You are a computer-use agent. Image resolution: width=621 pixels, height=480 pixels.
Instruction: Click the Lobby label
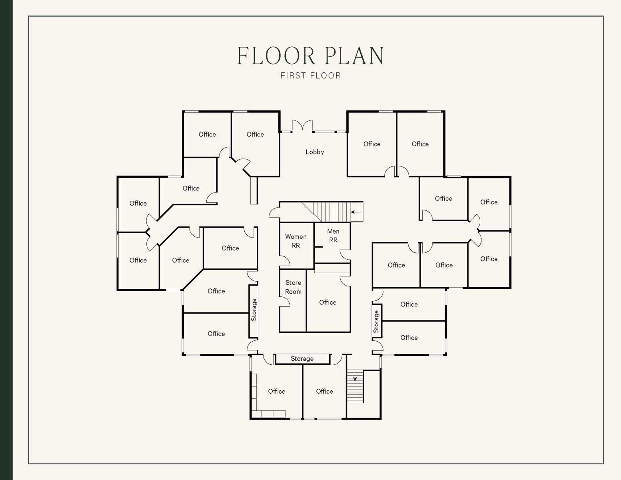tap(315, 152)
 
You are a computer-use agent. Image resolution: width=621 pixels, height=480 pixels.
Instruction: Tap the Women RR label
tap(296, 241)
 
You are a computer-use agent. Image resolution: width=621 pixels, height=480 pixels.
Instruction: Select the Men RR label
tap(333, 236)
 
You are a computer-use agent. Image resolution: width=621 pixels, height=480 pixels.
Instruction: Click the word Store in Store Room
tap(293, 283)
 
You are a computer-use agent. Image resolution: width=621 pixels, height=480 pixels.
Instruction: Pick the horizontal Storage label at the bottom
tap(302, 359)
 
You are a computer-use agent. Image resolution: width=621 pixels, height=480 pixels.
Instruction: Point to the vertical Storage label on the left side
tap(254, 310)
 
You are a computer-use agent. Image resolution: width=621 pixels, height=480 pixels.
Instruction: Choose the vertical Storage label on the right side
tap(376, 322)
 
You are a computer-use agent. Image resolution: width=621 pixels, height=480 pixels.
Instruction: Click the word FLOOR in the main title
tap(276, 56)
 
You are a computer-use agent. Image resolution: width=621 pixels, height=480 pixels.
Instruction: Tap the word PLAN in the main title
tap(354, 56)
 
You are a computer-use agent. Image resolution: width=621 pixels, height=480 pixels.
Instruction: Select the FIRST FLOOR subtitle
tap(311, 76)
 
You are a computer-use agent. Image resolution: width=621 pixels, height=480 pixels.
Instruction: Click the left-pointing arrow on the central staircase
tap(355, 212)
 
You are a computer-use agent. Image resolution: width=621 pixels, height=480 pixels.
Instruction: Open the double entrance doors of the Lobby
tap(302, 126)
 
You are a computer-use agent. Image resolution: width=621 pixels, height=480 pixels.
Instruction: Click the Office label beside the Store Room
tap(327, 302)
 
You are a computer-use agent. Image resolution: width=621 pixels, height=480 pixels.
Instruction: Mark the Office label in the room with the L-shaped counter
tap(276, 391)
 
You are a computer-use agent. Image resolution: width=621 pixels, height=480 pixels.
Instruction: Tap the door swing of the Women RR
tap(285, 261)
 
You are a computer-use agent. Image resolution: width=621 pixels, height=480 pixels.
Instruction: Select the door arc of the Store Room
tap(285, 302)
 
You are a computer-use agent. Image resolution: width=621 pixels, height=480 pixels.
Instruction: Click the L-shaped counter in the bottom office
tap(254, 400)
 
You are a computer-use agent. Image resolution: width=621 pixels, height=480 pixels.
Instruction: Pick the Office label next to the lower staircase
tap(324, 391)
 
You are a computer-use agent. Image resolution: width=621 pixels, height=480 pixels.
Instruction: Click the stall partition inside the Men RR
tap(318, 247)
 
